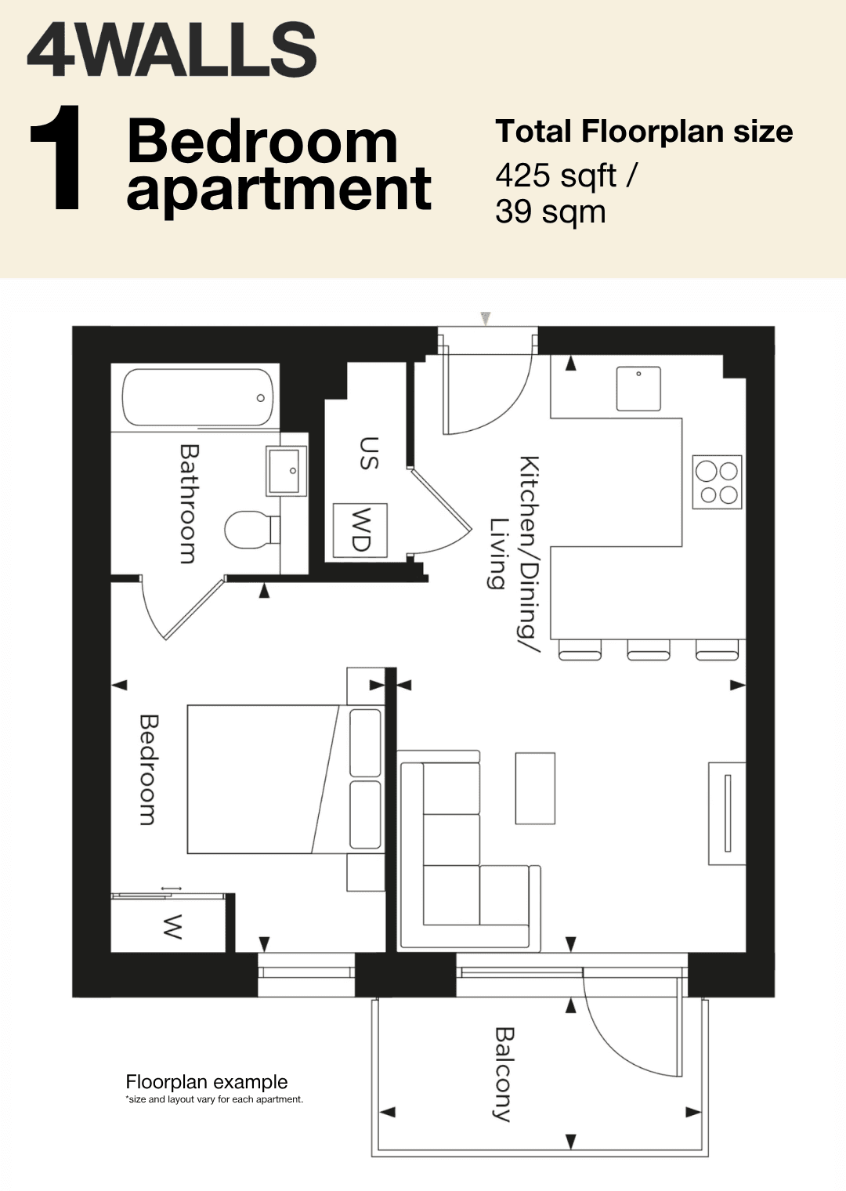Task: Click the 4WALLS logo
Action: [x=172, y=52]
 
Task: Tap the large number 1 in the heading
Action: [x=57, y=157]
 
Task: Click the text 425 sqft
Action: [x=556, y=176]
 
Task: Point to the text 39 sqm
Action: [x=550, y=212]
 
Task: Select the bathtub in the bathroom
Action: [x=197, y=397]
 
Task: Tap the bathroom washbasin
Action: [x=287, y=471]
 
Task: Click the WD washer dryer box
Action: [x=360, y=530]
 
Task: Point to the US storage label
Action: [x=369, y=453]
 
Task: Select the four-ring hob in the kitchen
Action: [x=717, y=482]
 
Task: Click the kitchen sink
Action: [x=638, y=388]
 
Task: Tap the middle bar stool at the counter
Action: [x=649, y=650]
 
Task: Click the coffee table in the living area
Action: [x=535, y=788]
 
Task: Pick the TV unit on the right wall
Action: [x=726, y=813]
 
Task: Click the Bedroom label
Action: [x=149, y=769]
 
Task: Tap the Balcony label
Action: [x=503, y=1074]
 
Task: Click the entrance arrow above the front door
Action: [x=485, y=318]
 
